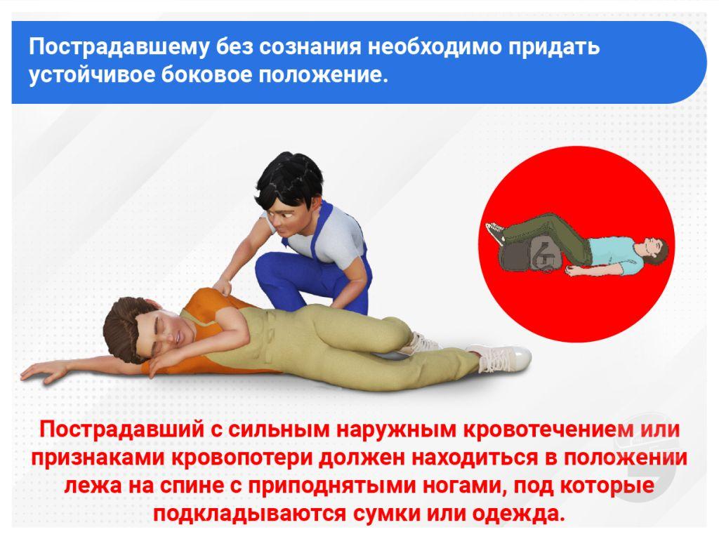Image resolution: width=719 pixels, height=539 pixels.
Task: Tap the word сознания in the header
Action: (311, 46)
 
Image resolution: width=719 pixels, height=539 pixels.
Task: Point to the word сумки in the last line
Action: (387, 514)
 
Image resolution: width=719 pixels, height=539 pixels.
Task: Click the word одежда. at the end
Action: (518, 514)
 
